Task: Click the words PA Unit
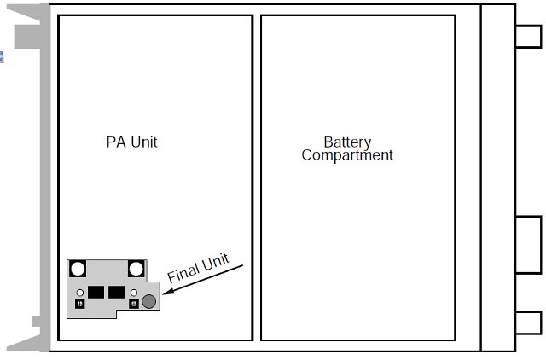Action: point(131,142)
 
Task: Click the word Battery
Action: point(346,142)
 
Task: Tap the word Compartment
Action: point(347,155)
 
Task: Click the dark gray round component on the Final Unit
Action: point(149,300)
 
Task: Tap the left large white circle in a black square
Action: point(78,269)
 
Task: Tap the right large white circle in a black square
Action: point(135,269)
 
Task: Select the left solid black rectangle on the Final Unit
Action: point(95,292)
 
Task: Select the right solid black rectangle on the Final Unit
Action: point(117,292)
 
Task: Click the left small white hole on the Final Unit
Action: point(79,293)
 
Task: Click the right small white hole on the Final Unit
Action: point(134,293)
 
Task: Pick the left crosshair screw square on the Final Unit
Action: point(79,303)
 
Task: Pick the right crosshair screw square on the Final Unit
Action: point(134,303)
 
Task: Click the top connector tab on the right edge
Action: point(529,36)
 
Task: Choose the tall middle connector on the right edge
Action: point(529,243)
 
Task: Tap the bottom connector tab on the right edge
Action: point(529,323)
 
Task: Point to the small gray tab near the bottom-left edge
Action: point(37,321)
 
